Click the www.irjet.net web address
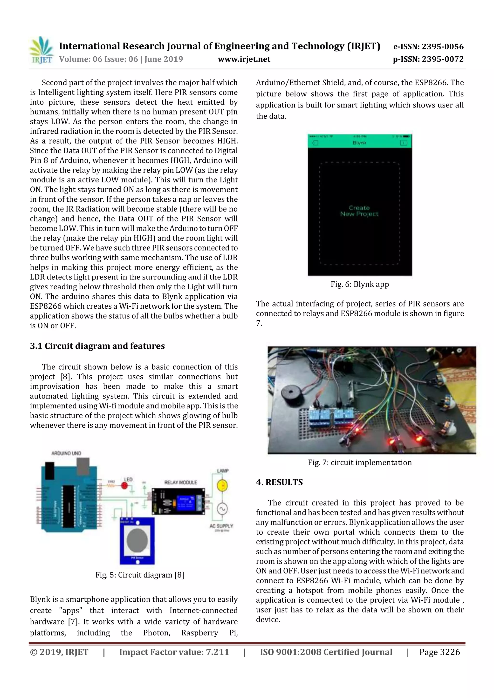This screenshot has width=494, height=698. tap(244, 59)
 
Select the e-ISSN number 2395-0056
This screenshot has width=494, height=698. tap(428, 47)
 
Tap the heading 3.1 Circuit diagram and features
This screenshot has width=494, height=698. tap(97, 346)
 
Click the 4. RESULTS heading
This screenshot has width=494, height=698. tap(279, 482)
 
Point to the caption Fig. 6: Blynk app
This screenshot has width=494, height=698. tap(360, 284)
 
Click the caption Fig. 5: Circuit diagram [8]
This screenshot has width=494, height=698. tap(140, 575)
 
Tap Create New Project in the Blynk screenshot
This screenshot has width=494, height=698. tap(359, 211)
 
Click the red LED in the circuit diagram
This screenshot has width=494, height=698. tap(124, 486)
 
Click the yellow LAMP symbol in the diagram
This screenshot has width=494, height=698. tap(222, 485)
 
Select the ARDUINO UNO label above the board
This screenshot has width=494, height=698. tap(66, 453)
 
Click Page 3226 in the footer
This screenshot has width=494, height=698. tap(439, 652)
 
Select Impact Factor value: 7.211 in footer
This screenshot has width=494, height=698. tap(174, 652)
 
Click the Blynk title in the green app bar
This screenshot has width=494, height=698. tap(359, 143)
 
